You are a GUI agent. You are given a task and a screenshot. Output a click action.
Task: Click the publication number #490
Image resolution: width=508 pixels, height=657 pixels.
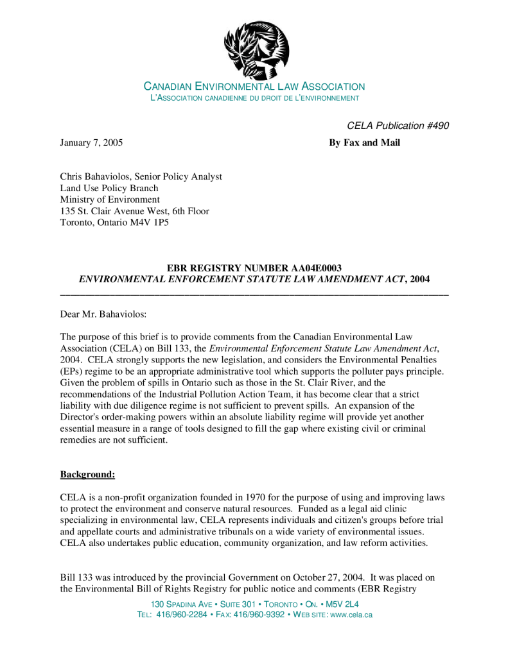tap(437, 126)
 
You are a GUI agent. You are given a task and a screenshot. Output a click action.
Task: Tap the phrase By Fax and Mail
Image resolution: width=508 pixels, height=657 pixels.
tap(364, 142)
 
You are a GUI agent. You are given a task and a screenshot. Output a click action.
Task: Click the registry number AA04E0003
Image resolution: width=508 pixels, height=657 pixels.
tap(316, 268)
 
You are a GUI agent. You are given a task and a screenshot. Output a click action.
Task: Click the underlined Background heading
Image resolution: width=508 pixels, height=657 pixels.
tap(87, 475)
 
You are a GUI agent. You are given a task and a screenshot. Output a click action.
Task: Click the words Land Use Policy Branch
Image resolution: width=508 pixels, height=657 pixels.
tap(109, 188)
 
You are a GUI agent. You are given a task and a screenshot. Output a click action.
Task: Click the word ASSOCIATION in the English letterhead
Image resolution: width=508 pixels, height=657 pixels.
tap(326, 87)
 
